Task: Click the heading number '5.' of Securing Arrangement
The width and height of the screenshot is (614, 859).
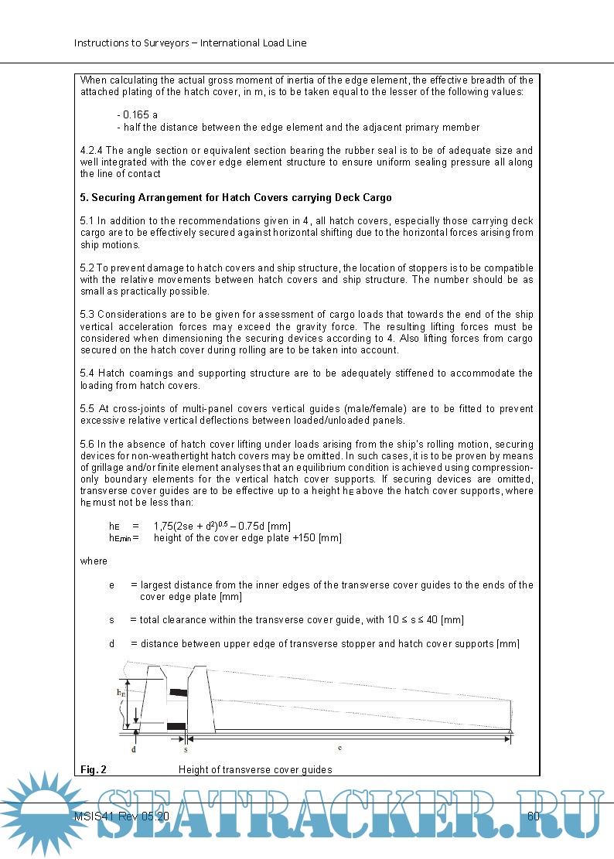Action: tap(84, 197)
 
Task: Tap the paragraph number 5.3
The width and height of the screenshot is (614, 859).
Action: tap(87, 315)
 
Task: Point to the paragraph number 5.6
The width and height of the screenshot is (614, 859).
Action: tap(87, 445)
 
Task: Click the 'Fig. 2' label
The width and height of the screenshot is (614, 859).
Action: tap(94, 769)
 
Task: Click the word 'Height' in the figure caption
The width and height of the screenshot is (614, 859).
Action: tap(193, 769)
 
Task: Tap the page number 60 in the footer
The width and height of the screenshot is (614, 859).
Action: tap(533, 816)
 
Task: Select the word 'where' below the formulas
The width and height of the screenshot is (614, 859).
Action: tap(94, 561)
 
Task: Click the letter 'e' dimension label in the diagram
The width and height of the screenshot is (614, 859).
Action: tap(340, 748)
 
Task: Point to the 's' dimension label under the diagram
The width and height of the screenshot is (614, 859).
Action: tap(186, 749)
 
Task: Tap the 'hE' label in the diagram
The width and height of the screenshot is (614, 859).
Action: tap(121, 693)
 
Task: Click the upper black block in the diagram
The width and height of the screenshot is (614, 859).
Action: tap(179, 691)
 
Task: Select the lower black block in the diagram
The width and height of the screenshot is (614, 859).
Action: tap(176, 726)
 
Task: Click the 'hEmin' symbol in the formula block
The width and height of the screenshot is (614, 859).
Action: tap(121, 538)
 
